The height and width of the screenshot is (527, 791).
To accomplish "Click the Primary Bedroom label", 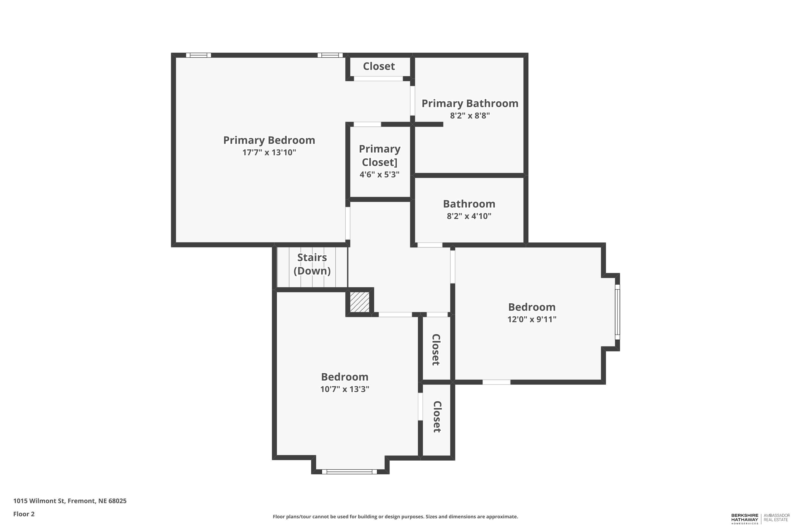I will coord(269,140).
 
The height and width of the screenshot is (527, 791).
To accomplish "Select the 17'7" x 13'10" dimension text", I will coord(269,153).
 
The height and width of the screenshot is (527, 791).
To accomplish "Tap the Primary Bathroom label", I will coord(470,104).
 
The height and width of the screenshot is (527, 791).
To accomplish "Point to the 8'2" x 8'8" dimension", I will coord(470,116).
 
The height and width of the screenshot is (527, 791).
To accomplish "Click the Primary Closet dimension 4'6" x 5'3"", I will coord(379,175).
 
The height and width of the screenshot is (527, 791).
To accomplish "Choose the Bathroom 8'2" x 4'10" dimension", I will coord(469,216).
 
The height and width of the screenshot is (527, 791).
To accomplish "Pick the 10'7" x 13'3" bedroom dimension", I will coord(345,389).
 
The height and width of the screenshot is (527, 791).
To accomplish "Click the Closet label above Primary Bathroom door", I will coord(379,66).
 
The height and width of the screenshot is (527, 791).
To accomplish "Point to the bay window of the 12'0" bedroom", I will coord(617,312).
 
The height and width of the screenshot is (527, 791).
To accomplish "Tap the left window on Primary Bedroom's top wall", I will coord(199,55).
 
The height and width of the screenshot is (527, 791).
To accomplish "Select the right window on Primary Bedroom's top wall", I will coord(330,55).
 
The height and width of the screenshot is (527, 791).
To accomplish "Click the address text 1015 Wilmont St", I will coord(70,501).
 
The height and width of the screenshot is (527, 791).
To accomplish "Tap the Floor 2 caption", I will coord(24,514).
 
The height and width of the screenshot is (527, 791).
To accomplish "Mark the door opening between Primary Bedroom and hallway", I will coord(348,223).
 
